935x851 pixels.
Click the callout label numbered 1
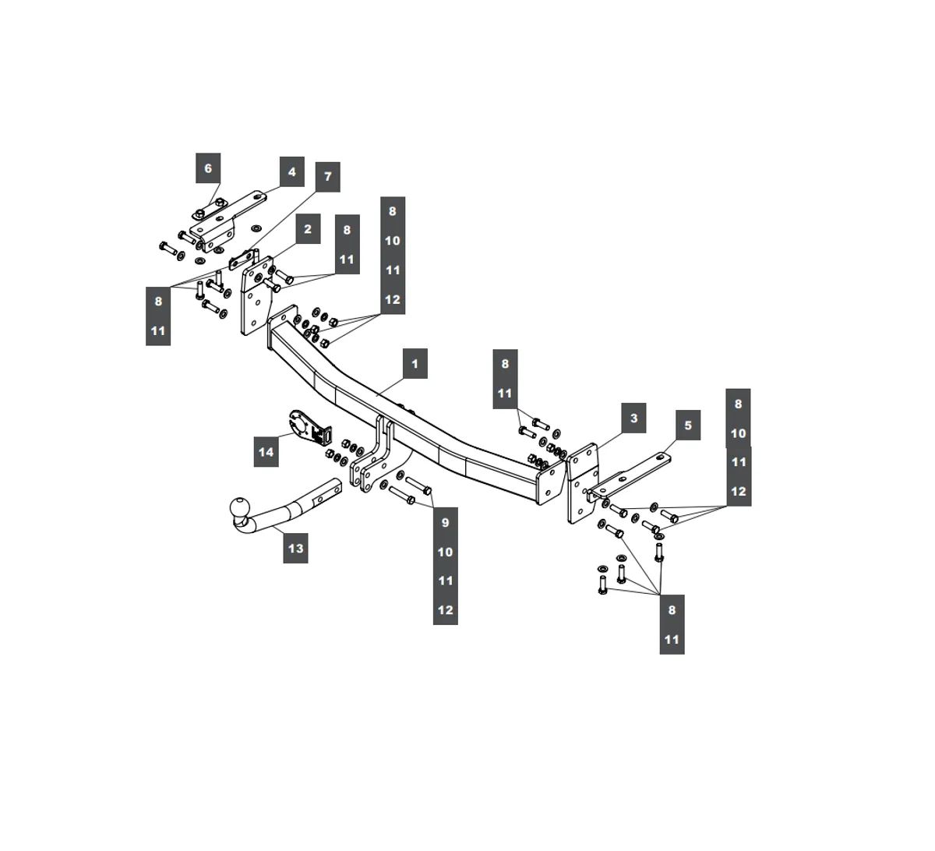(415, 363)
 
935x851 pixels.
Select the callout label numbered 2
(308, 229)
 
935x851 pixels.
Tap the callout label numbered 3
(633, 418)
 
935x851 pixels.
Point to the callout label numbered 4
(291, 171)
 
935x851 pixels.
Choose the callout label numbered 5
(687, 425)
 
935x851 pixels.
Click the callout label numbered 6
(207, 168)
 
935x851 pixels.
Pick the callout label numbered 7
(327, 177)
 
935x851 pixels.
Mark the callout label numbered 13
(295, 548)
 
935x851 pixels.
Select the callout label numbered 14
(266, 451)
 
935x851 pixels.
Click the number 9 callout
(445, 522)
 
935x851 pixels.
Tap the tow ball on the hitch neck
(240, 508)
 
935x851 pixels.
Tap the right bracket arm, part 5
(631, 475)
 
